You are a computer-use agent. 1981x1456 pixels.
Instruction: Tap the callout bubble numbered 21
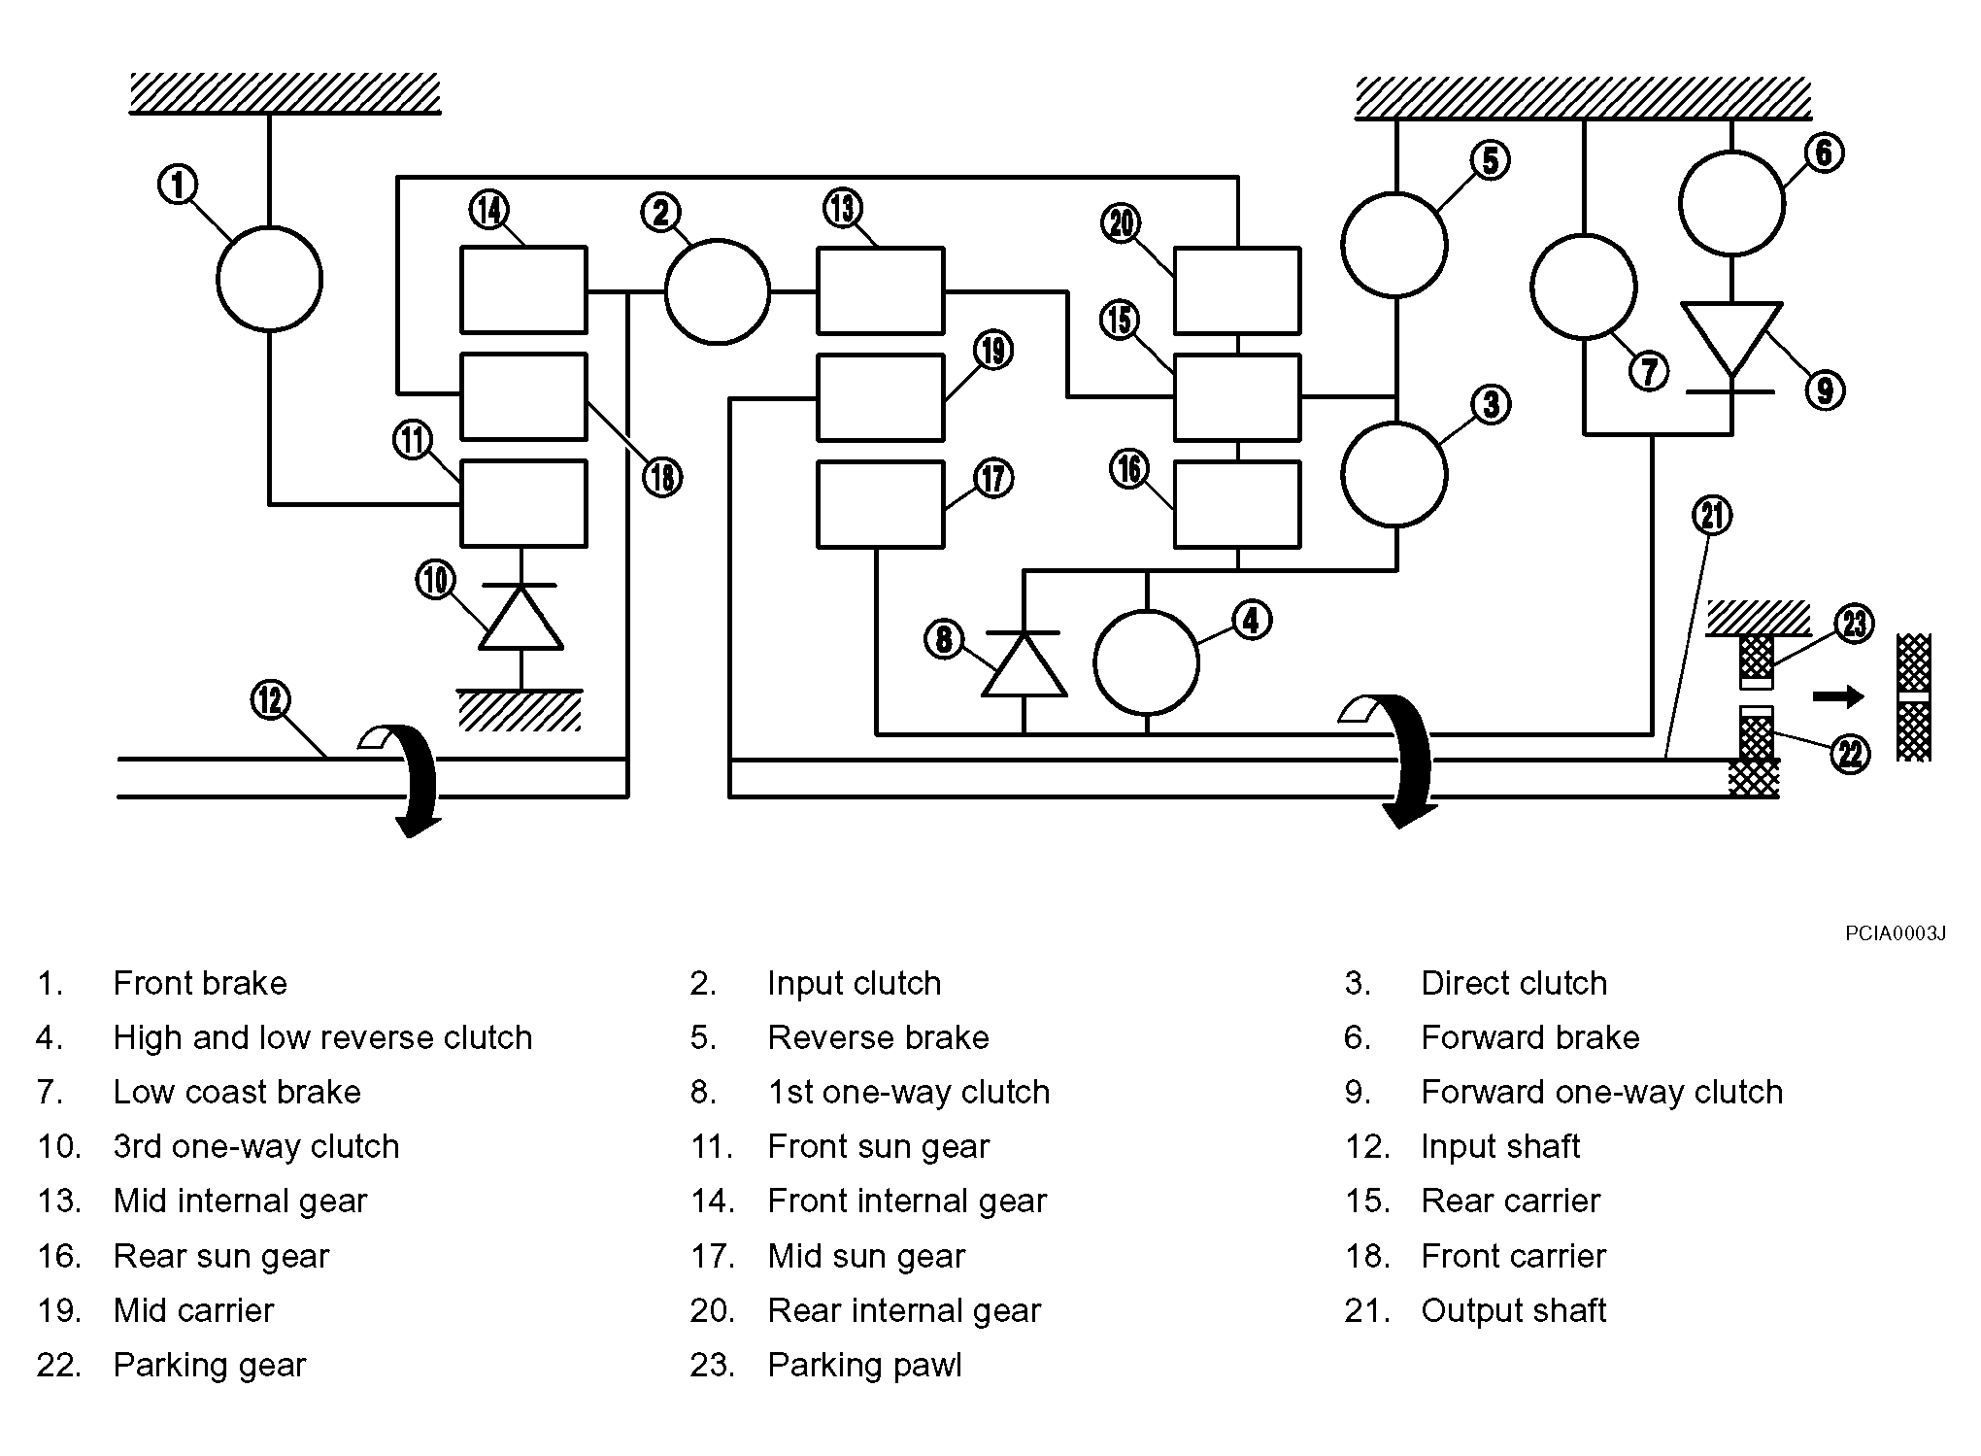pyautogui.click(x=1713, y=515)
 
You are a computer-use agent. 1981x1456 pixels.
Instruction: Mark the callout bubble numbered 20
pyautogui.click(x=1122, y=224)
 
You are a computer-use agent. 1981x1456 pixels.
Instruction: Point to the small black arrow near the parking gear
pyautogui.click(x=1839, y=696)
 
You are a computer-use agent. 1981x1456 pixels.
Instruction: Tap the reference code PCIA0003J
pyautogui.click(x=1896, y=934)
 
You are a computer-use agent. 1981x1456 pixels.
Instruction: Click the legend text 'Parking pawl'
pyautogui.click(x=864, y=1365)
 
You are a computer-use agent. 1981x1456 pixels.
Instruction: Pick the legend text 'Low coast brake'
pyautogui.click(x=237, y=1092)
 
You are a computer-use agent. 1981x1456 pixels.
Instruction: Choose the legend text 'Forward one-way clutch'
pyautogui.click(x=1602, y=1093)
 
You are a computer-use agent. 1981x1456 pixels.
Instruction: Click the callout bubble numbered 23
pyautogui.click(x=1854, y=624)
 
